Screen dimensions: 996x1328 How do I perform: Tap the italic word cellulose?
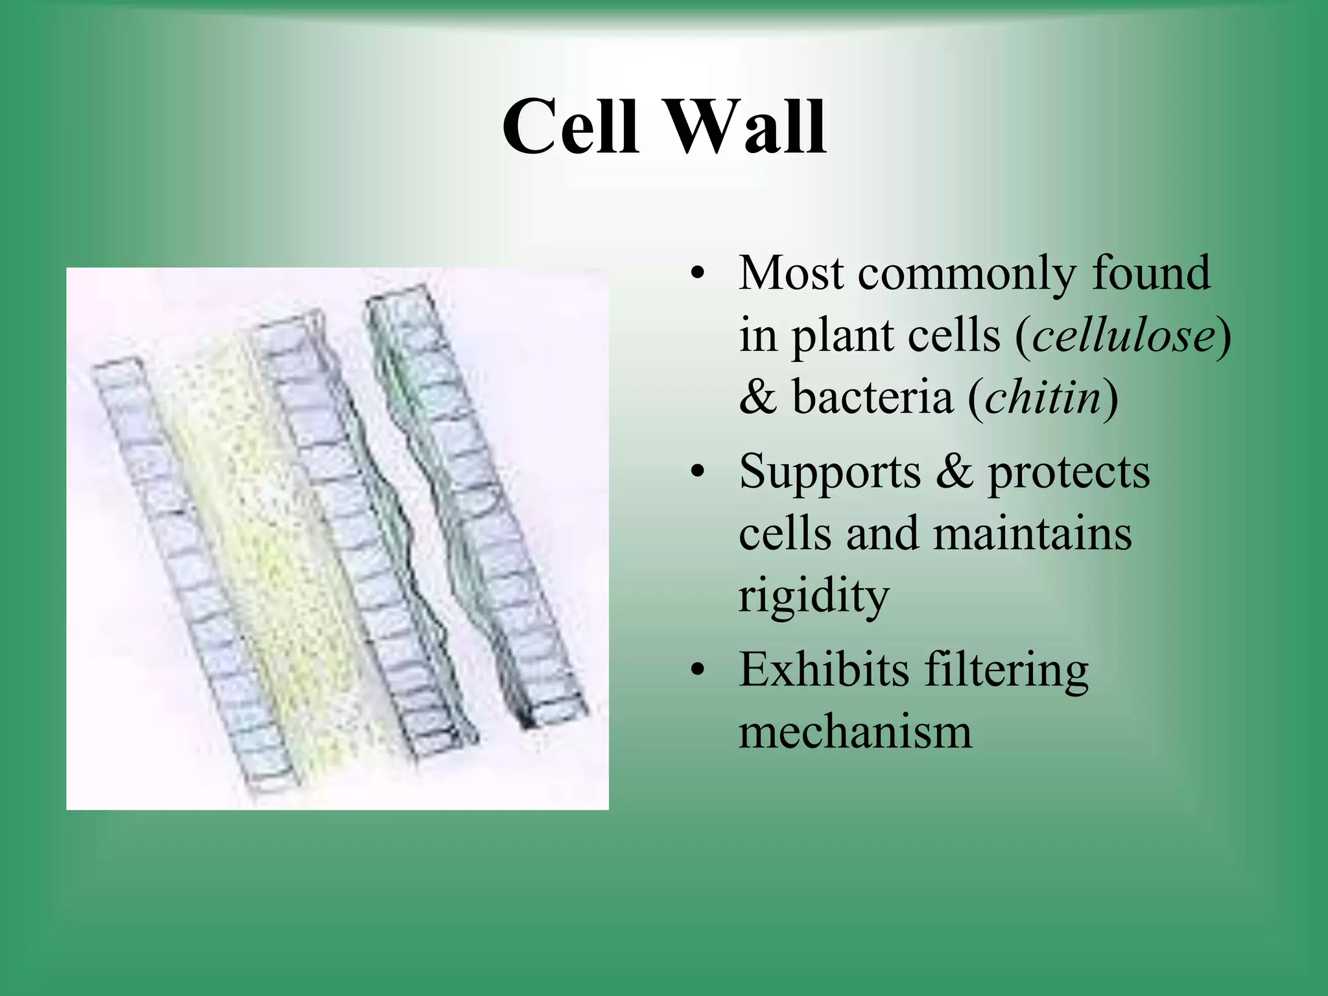(x=1124, y=336)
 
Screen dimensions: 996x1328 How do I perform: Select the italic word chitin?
(x=1043, y=397)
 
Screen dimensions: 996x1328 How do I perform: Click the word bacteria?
(x=872, y=397)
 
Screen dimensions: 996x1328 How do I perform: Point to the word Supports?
(x=829, y=472)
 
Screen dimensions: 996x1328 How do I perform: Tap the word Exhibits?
(x=824, y=669)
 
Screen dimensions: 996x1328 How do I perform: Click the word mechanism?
(x=855, y=733)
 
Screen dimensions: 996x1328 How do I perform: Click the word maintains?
(x=1032, y=534)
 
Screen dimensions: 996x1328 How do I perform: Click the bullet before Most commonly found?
(x=697, y=274)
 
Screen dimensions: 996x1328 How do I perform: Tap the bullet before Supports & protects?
(x=697, y=472)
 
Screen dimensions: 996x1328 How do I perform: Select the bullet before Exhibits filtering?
(x=697, y=670)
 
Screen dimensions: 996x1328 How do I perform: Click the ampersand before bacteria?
(x=757, y=397)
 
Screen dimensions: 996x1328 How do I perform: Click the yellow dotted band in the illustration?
(x=259, y=551)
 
